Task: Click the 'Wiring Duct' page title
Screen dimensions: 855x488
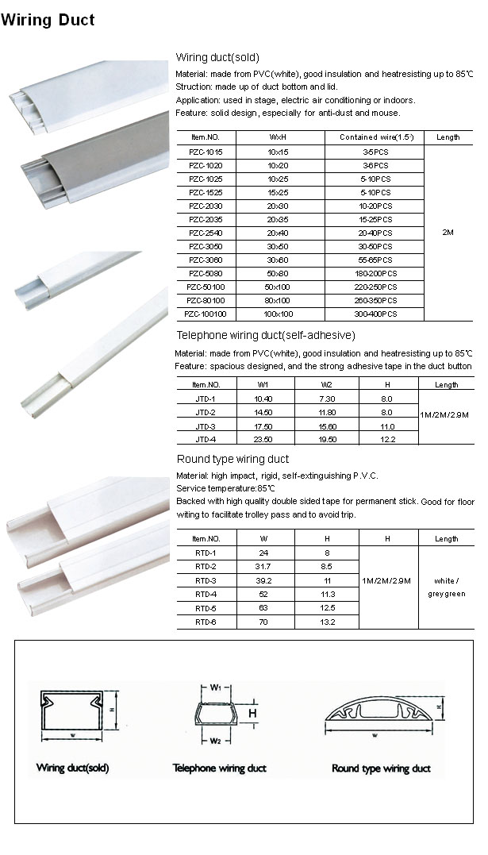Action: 48,20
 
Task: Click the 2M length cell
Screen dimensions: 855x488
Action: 448,233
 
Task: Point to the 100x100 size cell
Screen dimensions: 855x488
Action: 279,314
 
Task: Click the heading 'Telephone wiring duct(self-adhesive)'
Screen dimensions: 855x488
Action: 266,335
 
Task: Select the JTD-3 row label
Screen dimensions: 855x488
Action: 205,426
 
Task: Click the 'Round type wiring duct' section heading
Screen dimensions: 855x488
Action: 232,460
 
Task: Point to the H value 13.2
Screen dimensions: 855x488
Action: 328,622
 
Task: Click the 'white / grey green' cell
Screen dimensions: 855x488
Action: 447,587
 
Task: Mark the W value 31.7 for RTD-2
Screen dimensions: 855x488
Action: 264,567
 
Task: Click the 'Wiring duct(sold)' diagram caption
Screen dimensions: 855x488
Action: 73,768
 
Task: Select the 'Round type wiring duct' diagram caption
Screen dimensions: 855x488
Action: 381,768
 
